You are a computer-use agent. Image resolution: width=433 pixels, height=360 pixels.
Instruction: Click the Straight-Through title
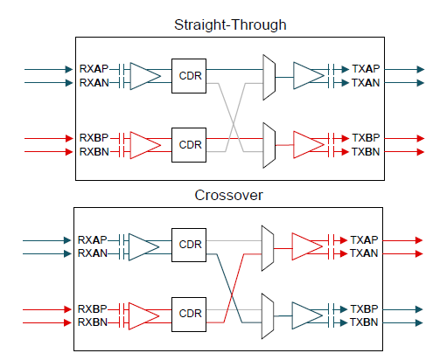pyautogui.click(x=230, y=25)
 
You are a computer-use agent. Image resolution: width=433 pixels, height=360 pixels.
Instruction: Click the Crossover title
pyautogui.click(x=228, y=195)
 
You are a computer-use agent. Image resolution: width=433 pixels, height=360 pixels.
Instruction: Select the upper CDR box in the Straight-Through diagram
pyautogui.click(x=189, y=76)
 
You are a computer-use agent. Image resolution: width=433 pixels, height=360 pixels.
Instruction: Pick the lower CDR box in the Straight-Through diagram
pyautogui.click(x=189, y=145)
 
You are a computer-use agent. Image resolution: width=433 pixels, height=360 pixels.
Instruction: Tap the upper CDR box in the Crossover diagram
pyautogui.click(x=189, y=245)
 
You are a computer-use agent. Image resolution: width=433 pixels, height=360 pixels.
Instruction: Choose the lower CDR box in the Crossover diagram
pyautogui.click(x=189, y=315)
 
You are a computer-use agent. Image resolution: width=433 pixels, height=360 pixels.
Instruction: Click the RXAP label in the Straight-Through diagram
pyautogui.click(x=94, y=69)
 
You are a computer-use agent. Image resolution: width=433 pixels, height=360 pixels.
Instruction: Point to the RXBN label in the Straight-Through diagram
pyautogui.click(x=94, y=152)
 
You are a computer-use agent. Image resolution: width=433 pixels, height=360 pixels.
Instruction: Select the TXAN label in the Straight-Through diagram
pyautogui.click(x=366, y=83)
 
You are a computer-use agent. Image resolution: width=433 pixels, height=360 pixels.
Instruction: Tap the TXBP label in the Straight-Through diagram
pyautogui.click(x=366, y=138)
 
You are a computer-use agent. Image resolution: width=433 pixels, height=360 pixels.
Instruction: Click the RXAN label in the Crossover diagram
pyautogui.click(x=93, y=253)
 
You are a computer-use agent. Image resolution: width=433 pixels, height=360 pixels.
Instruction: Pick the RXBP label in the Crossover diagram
pyautogui.click(x=92, y=309)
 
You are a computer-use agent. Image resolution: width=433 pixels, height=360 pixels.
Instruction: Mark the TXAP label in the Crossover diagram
pyautogui.click(x=364, y=240)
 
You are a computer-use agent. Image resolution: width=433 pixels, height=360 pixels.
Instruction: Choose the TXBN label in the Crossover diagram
pyautogui.click(x=364, y=322)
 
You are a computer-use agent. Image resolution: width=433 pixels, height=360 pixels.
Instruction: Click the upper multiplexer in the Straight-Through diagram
pyautogui.click(x=269, y=77)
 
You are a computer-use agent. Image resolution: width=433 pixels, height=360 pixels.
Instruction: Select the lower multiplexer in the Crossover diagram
pyautogui.click(x=268, y=316)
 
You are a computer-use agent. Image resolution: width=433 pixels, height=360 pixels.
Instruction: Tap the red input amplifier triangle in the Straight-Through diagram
pyautogui.click(x=145, y=145)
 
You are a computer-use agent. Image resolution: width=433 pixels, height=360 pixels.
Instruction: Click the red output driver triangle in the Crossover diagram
pyautogui.click(x=307, y=246)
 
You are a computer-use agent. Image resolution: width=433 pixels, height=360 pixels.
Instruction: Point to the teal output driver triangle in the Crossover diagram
pyautogui.click(x=307, y=315)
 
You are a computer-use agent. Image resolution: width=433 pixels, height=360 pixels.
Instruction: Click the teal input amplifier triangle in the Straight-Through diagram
pyautogui.click(x=145, y=76)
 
